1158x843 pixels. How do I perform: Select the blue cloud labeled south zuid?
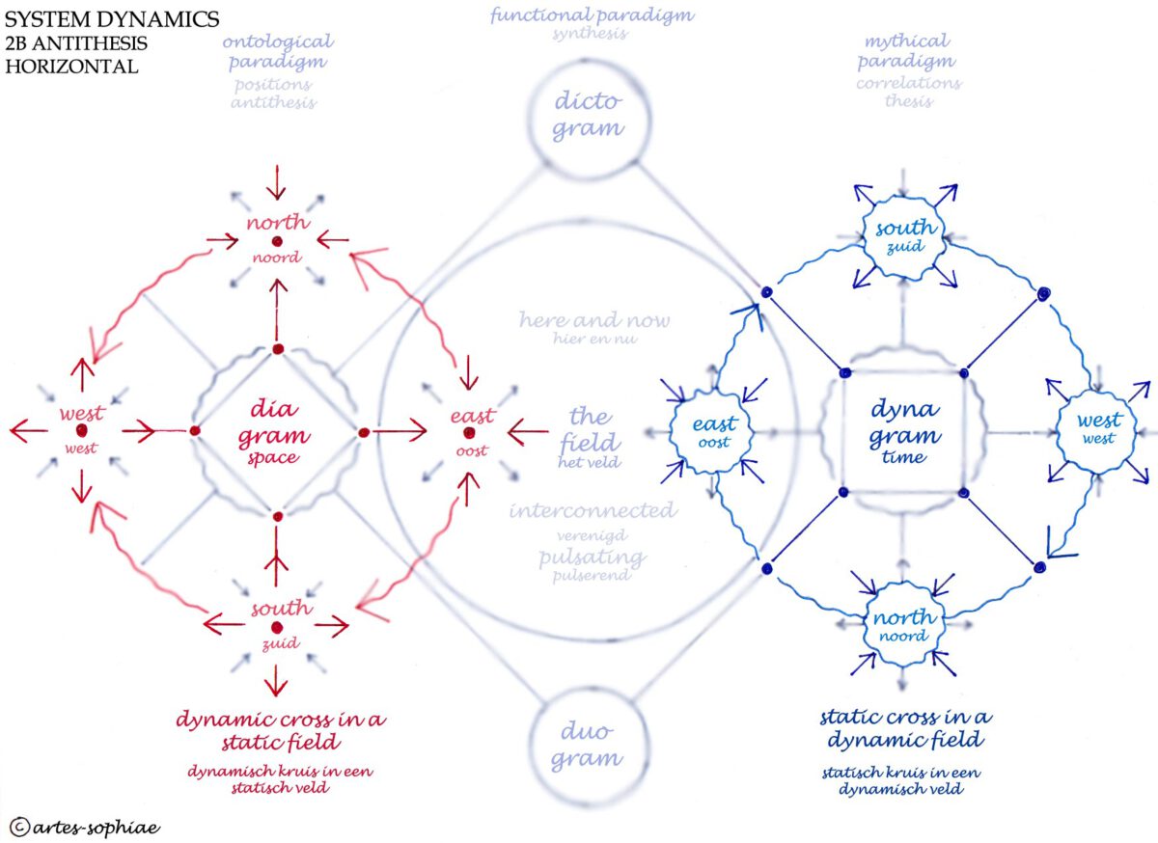point(904,237)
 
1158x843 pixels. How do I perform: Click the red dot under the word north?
point(277,240)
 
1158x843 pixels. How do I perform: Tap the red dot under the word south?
point(278,628)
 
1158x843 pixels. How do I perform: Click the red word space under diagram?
point(273,458)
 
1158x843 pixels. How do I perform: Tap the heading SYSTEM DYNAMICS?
point(112,19)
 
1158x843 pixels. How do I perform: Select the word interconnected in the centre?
point(593,511)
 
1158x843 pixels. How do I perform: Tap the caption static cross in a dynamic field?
point(904,728)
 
